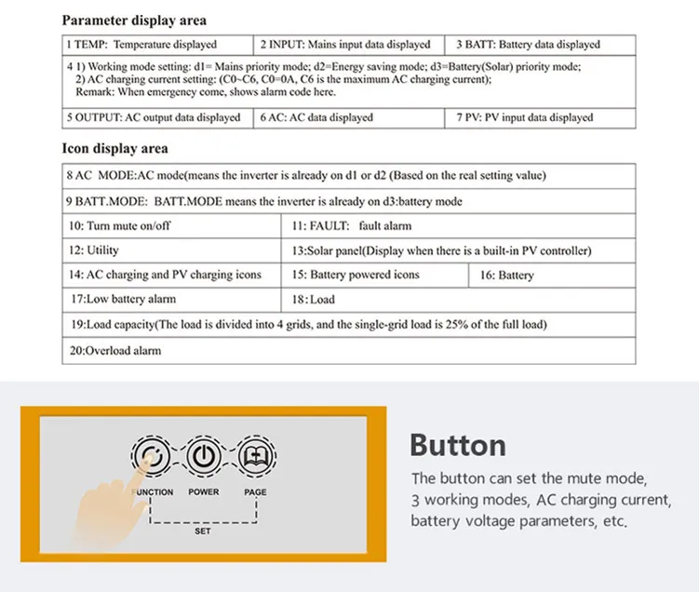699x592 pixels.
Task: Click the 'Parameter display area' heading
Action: pos(134,20)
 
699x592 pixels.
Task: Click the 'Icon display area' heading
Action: pos(114,149)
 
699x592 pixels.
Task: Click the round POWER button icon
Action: pos(203,457)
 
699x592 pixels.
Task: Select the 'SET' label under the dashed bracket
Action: pos(202,531)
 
